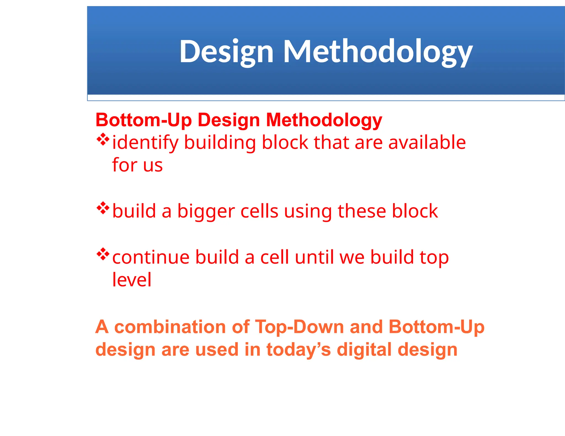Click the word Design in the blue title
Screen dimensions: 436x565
click(x=226, y=52)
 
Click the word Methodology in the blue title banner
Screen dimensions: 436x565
click(x=378, y=52)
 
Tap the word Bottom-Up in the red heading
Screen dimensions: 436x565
click(x=143, y=120)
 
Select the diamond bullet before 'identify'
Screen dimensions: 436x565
click(x=103, y=139)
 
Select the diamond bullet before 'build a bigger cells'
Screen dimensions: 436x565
click(x=103, y=208)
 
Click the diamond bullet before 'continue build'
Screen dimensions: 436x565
click(x=103, y=254)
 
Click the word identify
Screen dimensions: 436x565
click(x=146, y=143)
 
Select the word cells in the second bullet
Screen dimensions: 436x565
click(x=259, y=211)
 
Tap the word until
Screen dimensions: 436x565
click(x=315, y=257)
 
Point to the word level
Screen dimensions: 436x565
click(x=132, y=280)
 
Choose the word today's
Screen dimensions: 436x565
click(x=299, y=349)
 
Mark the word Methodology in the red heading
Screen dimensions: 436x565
click(x=324, y=120)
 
